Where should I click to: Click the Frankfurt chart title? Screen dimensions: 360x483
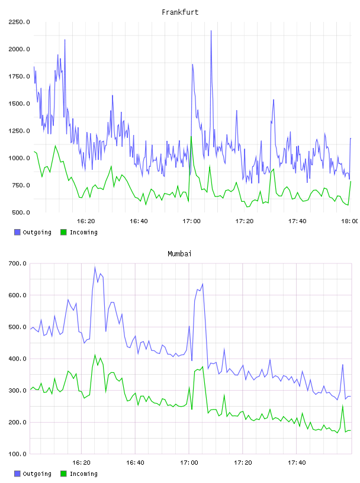point(180,12)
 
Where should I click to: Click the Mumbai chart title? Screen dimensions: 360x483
point(179,254)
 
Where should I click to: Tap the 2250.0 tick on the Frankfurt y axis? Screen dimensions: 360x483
point(19,22)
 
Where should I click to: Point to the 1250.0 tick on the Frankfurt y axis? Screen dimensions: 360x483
point(19,131)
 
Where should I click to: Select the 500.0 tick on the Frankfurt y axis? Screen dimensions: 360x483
point(21,212)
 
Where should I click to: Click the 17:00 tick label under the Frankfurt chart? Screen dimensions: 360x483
point(191,221)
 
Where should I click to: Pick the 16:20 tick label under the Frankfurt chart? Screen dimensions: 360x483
point(86,221)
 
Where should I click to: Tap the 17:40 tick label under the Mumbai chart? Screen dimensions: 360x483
point(297,463)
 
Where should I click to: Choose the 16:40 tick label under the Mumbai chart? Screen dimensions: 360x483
point(135,463)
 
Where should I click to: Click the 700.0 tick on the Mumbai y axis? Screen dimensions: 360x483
point(17,263)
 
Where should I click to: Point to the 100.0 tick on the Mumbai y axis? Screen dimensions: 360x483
point(17,454)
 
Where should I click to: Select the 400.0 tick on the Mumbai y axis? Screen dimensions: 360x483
point(17,359)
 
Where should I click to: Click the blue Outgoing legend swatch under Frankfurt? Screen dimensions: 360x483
point(17,232)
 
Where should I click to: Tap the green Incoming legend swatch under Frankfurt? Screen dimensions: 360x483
point(63,232)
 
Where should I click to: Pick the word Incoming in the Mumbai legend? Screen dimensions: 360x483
point(83,474)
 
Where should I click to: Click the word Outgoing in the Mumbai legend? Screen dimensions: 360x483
point(37,474)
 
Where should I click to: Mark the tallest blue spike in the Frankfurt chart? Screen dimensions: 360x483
point(211,31)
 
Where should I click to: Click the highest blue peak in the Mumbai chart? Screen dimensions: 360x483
point(95,267)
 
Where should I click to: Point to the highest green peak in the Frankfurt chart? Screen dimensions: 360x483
point(191,137)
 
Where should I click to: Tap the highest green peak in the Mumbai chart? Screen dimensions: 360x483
point(95,355)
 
